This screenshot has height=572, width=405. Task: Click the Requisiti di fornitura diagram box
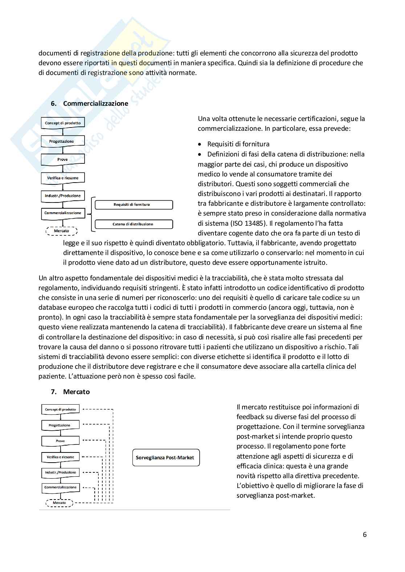coord(134,205)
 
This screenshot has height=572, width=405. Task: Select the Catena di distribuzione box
coord(134,224)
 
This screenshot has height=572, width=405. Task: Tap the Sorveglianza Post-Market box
coord(166,458)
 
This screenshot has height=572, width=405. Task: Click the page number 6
coord(365,534)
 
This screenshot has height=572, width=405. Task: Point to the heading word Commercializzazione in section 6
coord(95,103)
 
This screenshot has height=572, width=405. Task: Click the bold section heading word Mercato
coord(76,392)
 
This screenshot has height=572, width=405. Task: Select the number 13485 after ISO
coord(253,223)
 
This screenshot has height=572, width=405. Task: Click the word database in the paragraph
coord(52,308)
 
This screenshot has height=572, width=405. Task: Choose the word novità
coord(248,476)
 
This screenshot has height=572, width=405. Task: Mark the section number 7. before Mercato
coord(54,392)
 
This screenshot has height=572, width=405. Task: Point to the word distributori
coord(215,184)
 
